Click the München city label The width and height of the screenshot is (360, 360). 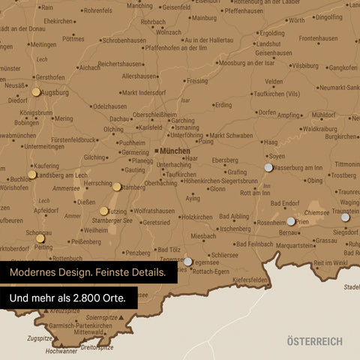click(x=175, y=151)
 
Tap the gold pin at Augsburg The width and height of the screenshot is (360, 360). click(x=36, y=92)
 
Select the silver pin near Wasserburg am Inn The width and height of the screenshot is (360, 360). click(x=268, y=167)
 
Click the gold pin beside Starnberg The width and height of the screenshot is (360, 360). click(x=117, y=187)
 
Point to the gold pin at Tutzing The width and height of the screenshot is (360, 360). click(x=103, y=211)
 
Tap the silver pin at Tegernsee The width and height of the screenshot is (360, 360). click(x=187, y=262)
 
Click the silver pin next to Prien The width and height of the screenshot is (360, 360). click(x=291, y=221)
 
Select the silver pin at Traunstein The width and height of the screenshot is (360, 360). click(x=346, y=214)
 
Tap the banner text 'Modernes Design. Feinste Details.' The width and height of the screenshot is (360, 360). click(x=88, y=272)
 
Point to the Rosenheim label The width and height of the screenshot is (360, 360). click(x=271, y=223)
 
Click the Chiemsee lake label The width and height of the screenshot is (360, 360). click(x=316, y=213)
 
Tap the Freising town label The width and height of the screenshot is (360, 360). click(x=197, y=80)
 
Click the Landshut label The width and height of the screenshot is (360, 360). click(x=267, y=44)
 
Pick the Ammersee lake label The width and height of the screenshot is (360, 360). click(x=66, y=188)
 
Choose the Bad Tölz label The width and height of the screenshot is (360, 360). click(x=169, y=249)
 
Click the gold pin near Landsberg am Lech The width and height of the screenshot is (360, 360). click(x=32, y=174)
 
